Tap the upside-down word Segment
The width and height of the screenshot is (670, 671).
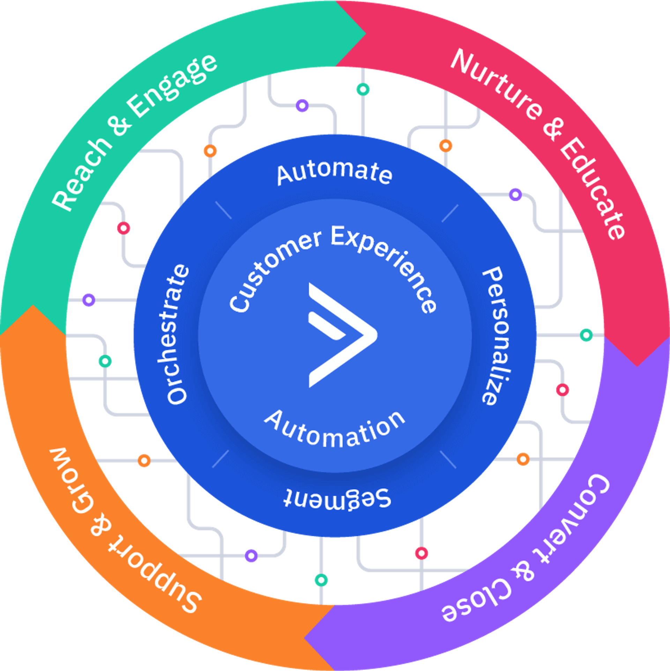(x=337, y=499)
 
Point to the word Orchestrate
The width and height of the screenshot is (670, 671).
(x=177, y=334)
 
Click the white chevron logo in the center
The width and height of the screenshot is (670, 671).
(x=342, y=335)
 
